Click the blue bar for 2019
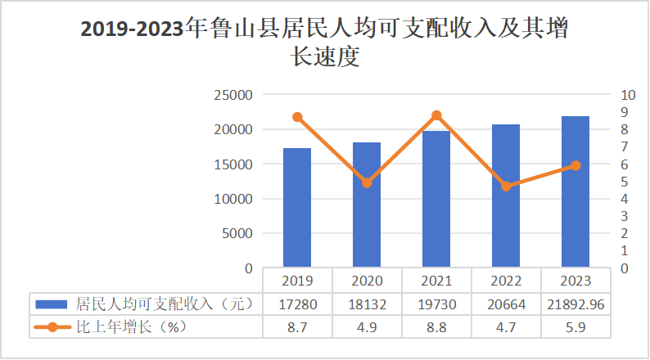pyautogui.click(x=297, y=208)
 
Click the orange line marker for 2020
pyautogui.click(x=367, y=182)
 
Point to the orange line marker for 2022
pyautogui.click(x=506, y=187)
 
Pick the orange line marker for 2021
pyautogui.click(x=436, y=115)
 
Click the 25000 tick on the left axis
pyautogui.click(x=233, y=95)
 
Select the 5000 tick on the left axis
pyautogui.click(x=237, y=233)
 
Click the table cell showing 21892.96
pyautogui.click(x=576, y=304)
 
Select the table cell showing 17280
pyautogui.click(x=297, y=304)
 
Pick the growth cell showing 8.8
pyautogui.click(x=436, y=326)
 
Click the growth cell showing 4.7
pyautogui.click(x=506, y=326)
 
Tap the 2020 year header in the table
pyautogui.click(x=367, y=280)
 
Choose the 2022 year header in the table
pyautogui.click(x=506, y=280)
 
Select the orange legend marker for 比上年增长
pyautogui.click(x=52, y=326)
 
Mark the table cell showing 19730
pyautogui.click(x=436, y=304)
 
